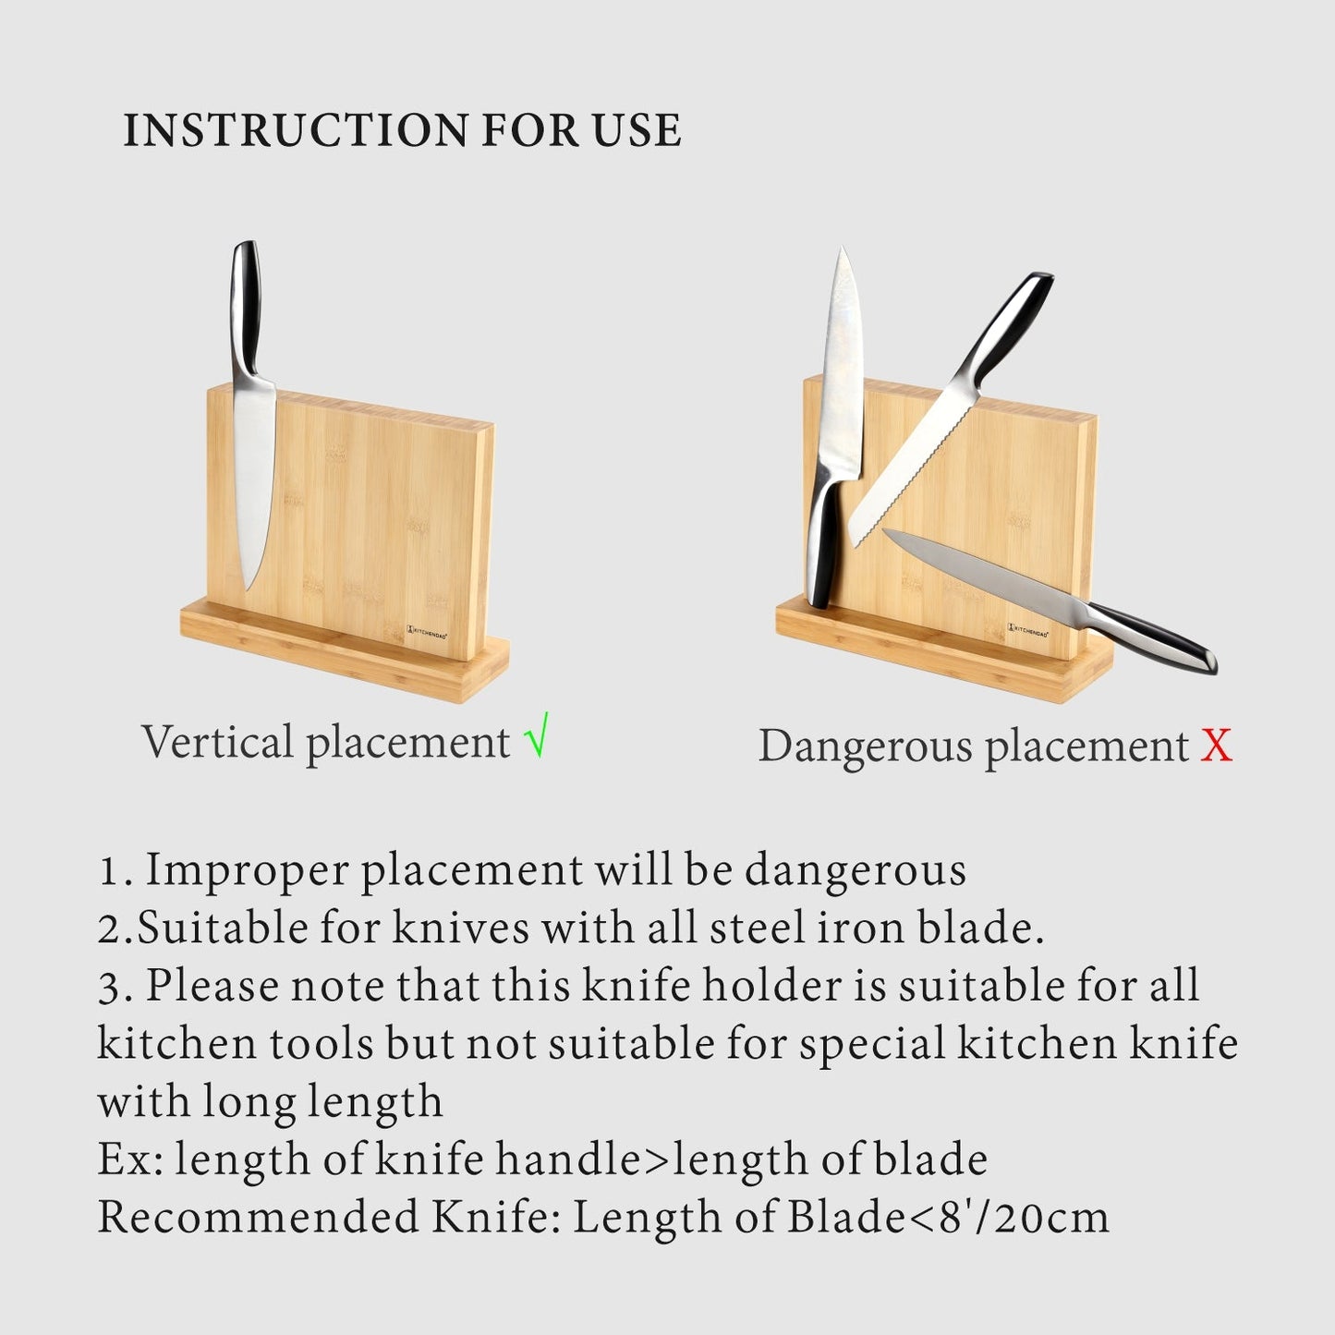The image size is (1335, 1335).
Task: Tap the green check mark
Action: (x=536, y=736)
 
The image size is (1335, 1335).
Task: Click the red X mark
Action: (x=1217, y=745)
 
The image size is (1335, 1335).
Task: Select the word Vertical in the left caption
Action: (x=217, y=742)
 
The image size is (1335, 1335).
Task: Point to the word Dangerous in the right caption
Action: (x=864, y=746)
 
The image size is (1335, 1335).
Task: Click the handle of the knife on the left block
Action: (x=246, y=305)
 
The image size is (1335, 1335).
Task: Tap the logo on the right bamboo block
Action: (x=1028, y=629)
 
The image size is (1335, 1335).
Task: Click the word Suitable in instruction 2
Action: (x=222, y=928)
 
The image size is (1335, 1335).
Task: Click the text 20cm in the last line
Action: (x=1053, y=1218)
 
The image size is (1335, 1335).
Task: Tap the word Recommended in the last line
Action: (x=259, y=1218)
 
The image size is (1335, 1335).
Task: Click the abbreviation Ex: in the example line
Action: (x=130, y=1159)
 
